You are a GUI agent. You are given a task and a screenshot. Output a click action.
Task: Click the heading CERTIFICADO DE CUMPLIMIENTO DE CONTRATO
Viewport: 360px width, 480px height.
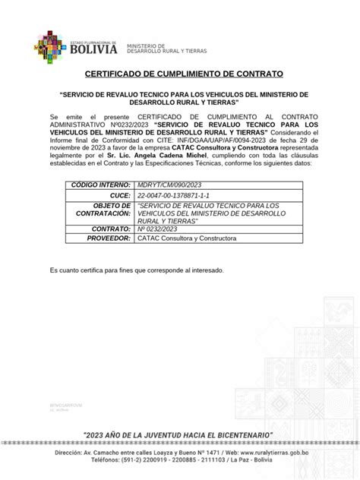click(180, 74)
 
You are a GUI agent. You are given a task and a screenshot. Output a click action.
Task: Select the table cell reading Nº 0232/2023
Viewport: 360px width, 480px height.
click(158, 228)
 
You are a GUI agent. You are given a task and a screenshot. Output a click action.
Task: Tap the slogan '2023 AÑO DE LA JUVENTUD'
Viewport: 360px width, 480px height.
click(180, 434)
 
